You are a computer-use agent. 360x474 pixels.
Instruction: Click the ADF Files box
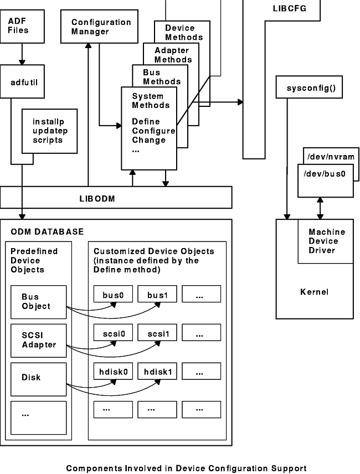22,26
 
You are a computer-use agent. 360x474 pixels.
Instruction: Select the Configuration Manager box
99,26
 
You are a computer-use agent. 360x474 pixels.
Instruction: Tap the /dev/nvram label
330,157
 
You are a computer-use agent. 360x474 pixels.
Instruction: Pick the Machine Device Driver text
327,241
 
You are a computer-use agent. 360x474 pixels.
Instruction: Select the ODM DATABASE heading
47,231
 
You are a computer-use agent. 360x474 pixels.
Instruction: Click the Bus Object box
39,301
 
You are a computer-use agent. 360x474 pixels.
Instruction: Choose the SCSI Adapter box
39,340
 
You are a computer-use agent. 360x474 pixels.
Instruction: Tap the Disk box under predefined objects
39,378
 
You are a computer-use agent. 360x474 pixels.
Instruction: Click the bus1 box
157,294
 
